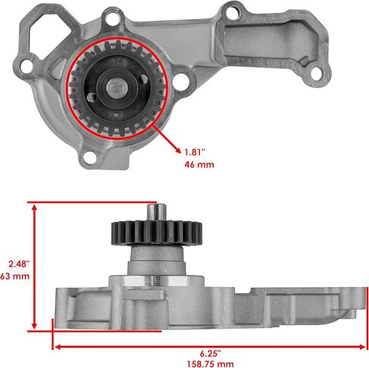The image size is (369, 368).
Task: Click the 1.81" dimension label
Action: pyautogui.click(x=195, y=152)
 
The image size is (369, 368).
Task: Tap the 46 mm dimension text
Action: pyautogui.click(x=199, y=164)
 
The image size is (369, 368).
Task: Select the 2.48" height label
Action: pyautogui.click(x=19, y=264)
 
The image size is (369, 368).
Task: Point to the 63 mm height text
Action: pyautogui.click(x=14, y=276)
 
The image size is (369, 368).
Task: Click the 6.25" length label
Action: pyautogui.click(x=210, y=354)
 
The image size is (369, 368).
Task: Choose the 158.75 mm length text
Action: pyautogui.click(x=210, y=364)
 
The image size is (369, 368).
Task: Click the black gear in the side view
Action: pyautogui.click(x=157, y=233)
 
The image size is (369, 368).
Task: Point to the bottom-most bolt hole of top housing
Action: pyautogui.click(x=89, y=157)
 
